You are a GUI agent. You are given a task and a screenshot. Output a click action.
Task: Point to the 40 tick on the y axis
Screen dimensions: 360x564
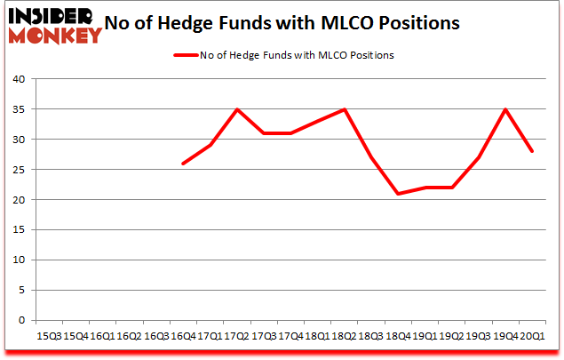(18, 79)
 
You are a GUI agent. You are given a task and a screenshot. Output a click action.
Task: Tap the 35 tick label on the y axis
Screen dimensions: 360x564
(18, 109)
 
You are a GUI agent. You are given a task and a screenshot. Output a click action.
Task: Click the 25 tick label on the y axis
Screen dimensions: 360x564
(18, 170)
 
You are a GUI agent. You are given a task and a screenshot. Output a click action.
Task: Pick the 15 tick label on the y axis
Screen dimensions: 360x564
(18, 230)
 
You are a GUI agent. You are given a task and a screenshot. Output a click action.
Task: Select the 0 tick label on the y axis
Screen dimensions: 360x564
(21, 320)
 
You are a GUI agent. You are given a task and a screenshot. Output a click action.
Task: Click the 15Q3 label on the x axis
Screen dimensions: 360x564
(49, 337)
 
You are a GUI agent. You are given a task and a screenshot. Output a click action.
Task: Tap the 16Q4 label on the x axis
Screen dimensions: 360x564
(182, 337)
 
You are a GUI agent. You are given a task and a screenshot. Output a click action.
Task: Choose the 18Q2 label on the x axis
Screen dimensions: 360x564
(344, 337)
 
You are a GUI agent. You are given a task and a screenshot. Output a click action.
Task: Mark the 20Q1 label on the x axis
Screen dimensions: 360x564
(531, 337)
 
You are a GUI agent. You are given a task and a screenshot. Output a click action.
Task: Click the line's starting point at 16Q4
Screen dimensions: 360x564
(183, 164)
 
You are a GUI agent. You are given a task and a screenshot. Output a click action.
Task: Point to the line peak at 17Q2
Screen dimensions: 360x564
(236, 109)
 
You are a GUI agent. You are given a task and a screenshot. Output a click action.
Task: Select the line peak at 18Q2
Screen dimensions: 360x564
(344, 109)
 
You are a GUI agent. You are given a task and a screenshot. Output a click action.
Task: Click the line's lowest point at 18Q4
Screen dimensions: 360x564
(397, 194)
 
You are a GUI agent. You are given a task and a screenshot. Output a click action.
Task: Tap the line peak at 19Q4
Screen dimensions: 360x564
(504, 109)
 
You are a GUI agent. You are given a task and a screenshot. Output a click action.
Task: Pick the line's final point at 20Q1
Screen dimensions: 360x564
(531, 151)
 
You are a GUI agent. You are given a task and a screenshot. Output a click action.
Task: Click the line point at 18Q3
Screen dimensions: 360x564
(370, 157)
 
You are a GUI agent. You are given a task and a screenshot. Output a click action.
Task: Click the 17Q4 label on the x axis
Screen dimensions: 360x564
(290, 337)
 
